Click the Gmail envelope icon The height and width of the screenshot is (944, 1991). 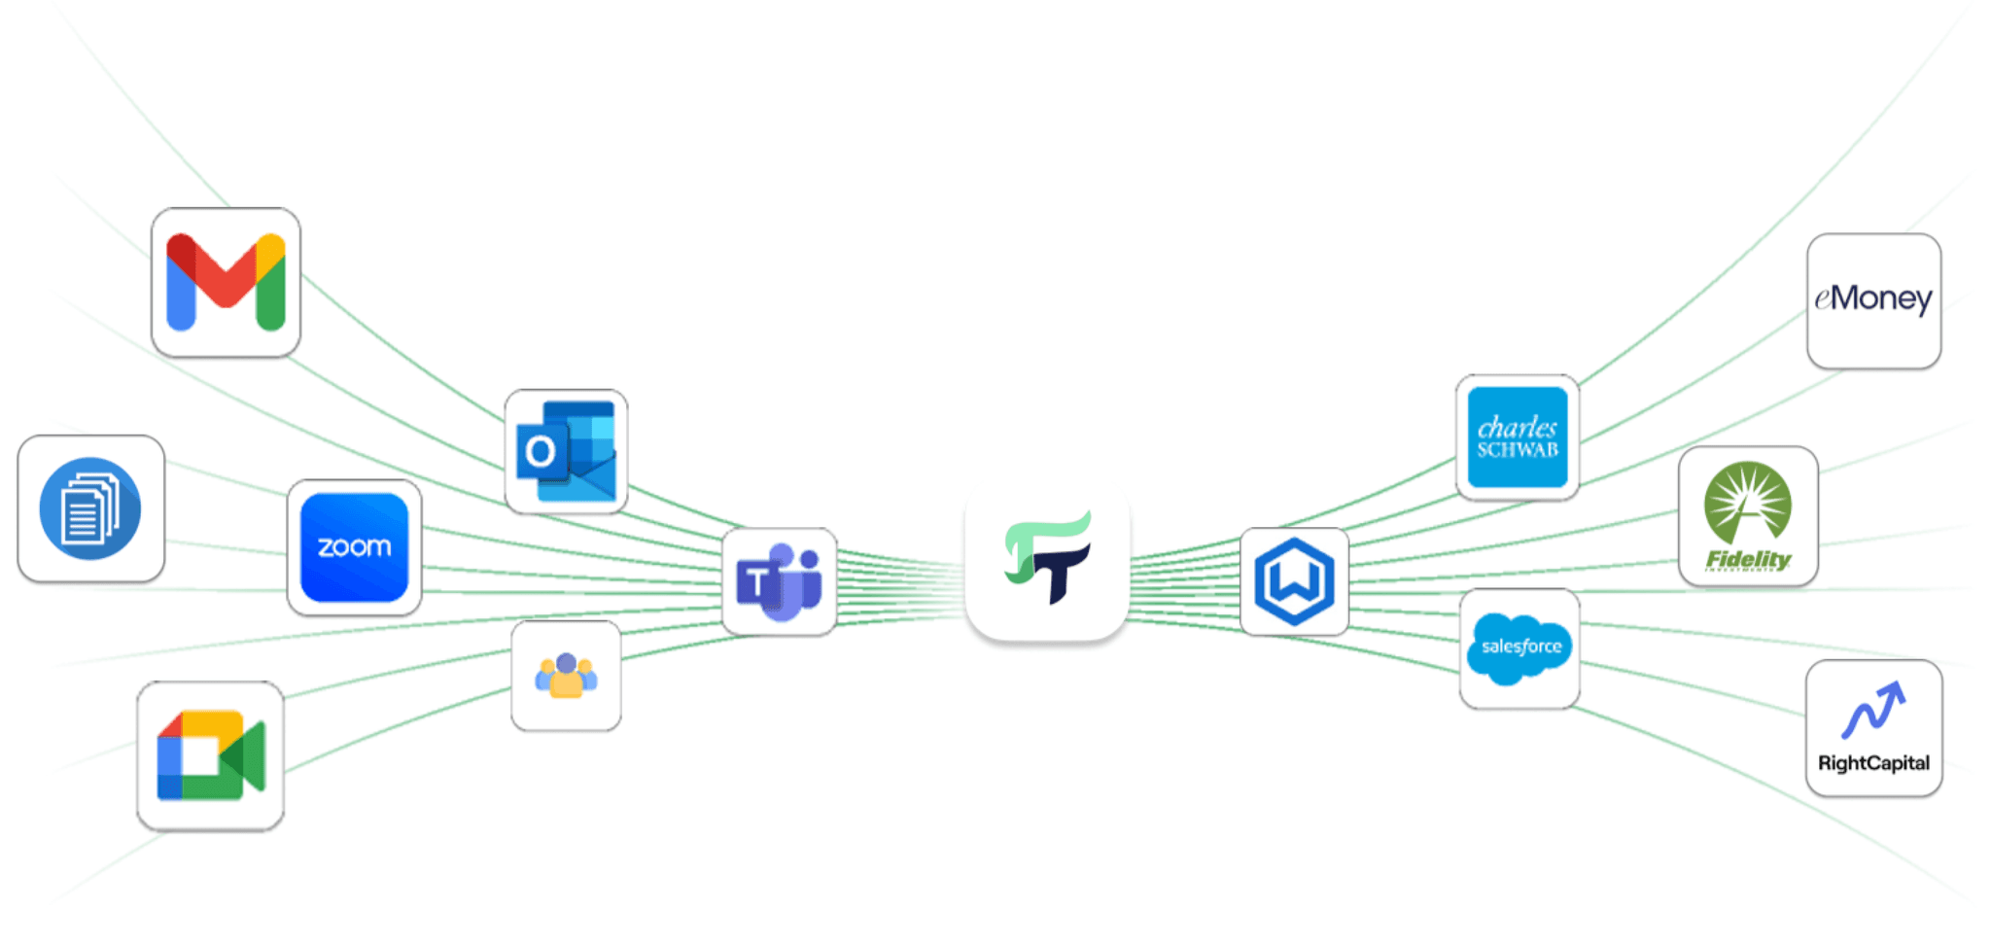[x=226, y=282]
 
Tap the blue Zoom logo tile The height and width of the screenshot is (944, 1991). [x=354, y=547]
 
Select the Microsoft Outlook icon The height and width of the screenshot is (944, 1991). [x=566, y=451]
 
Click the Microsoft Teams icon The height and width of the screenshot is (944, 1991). [x=780, y=581]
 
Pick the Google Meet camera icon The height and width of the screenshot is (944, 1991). [x=211, y=755]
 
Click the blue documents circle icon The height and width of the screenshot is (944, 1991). [x=90, y=508]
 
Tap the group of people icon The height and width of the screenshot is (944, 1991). [x=566, y=676]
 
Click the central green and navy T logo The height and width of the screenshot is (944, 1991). [x=1047, y=560]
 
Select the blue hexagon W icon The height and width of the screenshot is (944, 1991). [x=1294, y=581]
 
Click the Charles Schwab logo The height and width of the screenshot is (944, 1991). [x=1517, y=437]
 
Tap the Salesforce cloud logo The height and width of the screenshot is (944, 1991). [x=1519, y=648]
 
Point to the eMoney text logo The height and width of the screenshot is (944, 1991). [x=1873, y=298]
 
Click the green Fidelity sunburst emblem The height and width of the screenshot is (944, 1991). [x=1747, y=502]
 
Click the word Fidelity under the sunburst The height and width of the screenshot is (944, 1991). [x=1748, y=559]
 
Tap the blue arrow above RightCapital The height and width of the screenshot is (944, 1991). [x=1872, y=710]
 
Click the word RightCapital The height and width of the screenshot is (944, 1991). [x=1873, y=763]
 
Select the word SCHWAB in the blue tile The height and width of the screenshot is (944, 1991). [x=1518, y=450]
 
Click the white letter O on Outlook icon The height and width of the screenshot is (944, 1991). [x=541, y=451]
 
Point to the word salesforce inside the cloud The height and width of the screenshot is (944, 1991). [x=1521, y=647]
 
